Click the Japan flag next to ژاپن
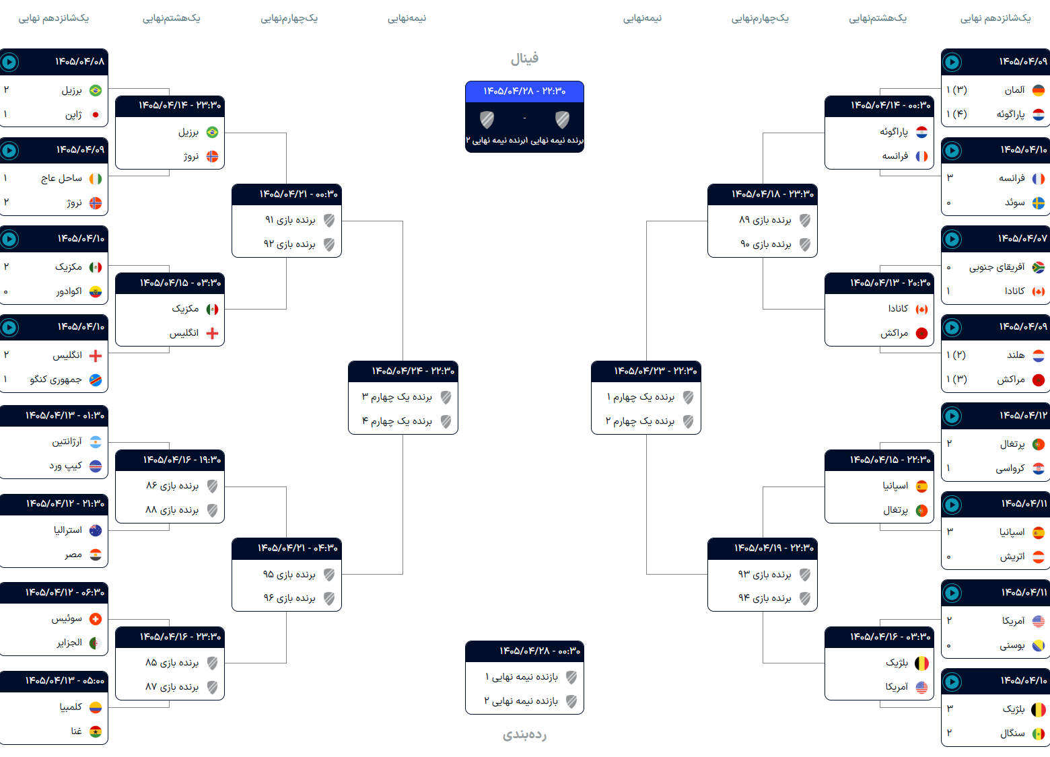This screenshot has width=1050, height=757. tap(96, 115)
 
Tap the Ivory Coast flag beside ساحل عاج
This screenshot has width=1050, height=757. tap(96, 178)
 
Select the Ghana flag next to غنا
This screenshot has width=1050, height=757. tap(96, 731)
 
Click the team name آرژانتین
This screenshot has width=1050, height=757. tap(67, 441)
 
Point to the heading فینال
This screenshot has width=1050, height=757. tap(524, 59)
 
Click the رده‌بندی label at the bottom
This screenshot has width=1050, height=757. tap(524, 734)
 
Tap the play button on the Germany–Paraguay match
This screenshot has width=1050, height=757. tap(952, 62)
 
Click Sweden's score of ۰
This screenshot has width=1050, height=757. tap(949, 203)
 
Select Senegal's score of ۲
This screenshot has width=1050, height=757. tap(949, 733)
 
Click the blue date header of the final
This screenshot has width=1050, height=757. tap(524, 92)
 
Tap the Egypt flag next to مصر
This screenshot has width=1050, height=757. tap(96, 554)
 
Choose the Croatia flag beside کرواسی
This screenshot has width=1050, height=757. tap(1039, 468)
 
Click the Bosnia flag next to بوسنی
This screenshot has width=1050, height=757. tap(1039, 645)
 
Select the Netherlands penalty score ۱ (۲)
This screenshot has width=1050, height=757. tap(956, 355)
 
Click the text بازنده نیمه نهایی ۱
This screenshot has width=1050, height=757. tap(522, 677)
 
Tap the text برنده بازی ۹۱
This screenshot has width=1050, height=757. tap(290, 220)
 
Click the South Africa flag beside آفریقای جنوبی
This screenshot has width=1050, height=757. tap(1039, 267)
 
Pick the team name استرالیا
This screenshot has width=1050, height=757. tap(68, 530)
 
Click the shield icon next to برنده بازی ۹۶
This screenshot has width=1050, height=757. tap(329, 599)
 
